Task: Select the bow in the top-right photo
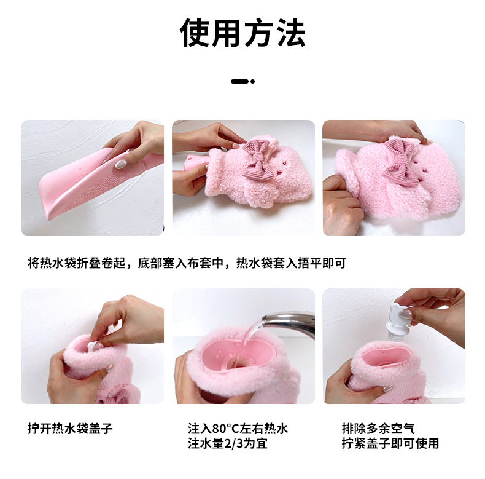pos(405,160)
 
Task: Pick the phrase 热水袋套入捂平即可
pos(291,263)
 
